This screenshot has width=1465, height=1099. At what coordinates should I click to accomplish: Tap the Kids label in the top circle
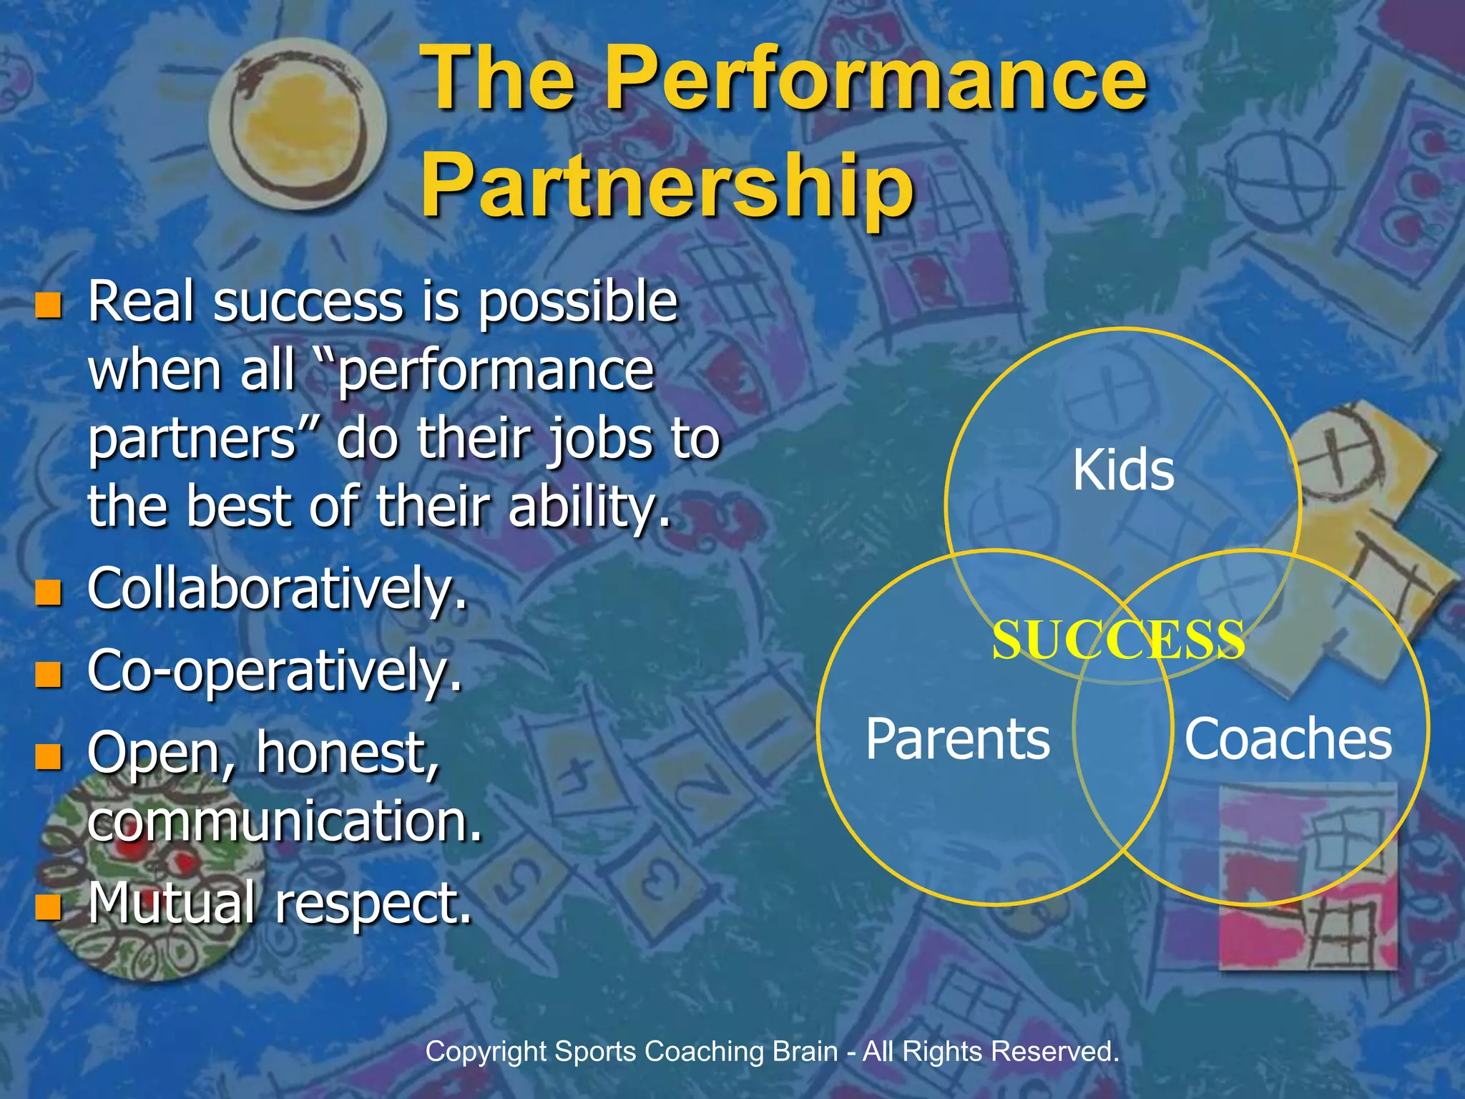[1123, 470]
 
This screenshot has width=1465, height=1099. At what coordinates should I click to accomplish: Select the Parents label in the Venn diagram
[957, 739]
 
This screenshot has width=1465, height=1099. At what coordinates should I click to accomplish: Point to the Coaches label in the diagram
[1288, 739]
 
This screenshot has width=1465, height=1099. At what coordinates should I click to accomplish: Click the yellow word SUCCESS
[1118, 640]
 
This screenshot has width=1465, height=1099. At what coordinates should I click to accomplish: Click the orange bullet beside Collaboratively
[49, 592]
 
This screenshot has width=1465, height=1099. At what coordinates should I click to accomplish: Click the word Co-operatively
[275, 671]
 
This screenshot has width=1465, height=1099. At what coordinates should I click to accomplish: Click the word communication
[285, 821]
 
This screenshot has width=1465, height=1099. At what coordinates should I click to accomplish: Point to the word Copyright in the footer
[486, 1052]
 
